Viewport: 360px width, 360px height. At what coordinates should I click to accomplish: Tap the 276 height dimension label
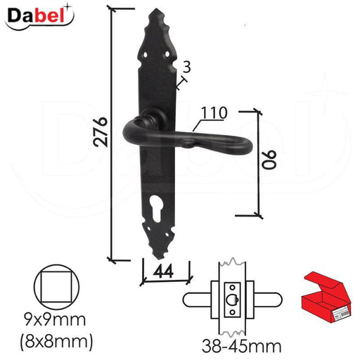coord(101,131)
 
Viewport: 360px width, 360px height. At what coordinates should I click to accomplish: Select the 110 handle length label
coord(214,113)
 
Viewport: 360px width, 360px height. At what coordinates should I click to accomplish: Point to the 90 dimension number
coord(269,160)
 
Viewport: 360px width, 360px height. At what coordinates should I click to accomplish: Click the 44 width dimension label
coord(163,271)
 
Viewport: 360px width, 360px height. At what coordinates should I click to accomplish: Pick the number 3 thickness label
coord(186,67)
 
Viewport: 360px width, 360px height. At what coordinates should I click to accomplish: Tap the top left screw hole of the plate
coord(146,55)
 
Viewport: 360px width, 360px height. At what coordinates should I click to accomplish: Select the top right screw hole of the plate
coord(167,54)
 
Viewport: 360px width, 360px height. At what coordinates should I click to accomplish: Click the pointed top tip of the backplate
coord(155,9)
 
